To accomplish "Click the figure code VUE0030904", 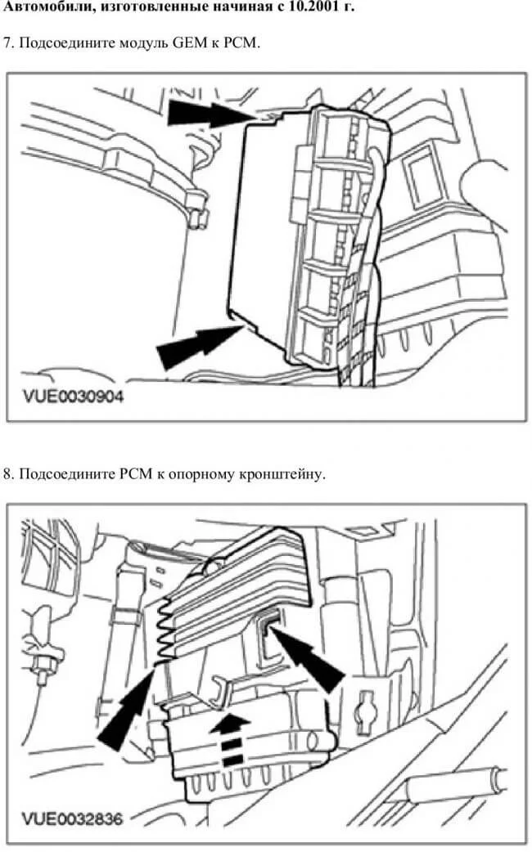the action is [x=74, y=397].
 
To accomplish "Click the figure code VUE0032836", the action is [x=72, y=818].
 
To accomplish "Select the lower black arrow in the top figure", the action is [x=200, y=346].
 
